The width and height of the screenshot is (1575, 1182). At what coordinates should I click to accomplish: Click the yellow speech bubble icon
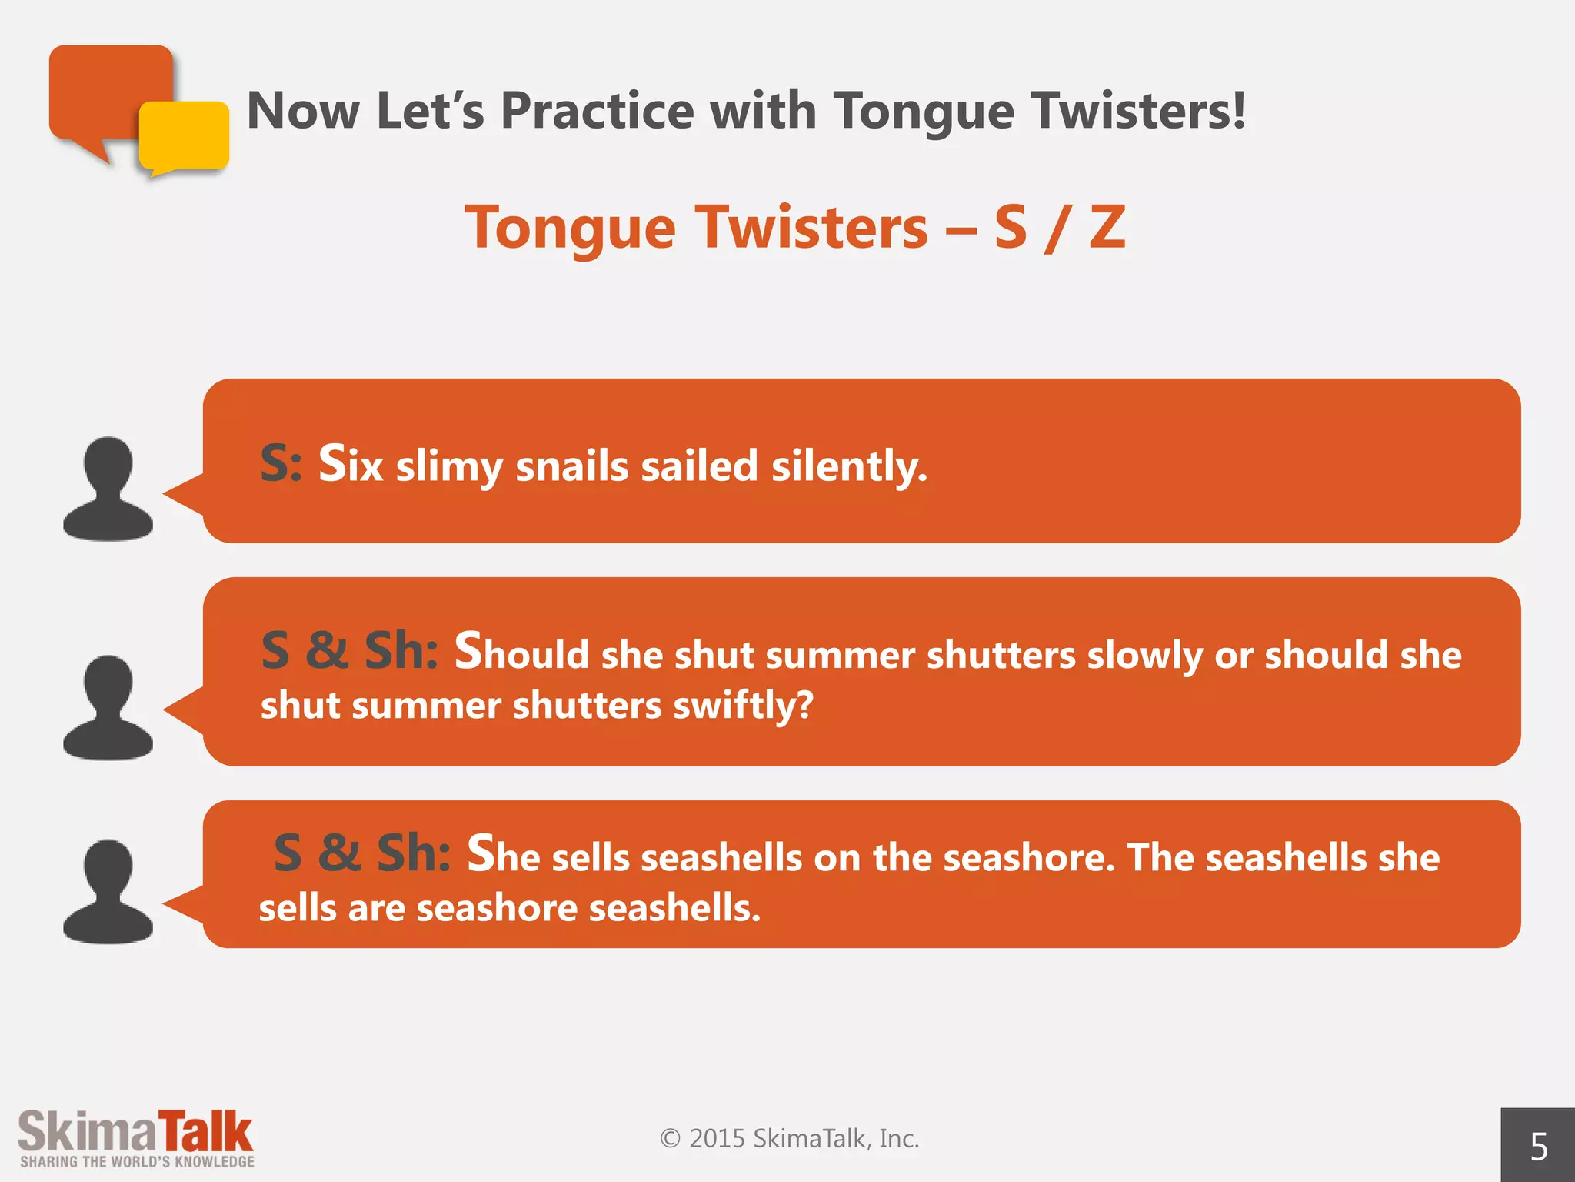[x=185, y=136]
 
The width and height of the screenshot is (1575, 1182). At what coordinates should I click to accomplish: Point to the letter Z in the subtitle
[x=1107, y=228]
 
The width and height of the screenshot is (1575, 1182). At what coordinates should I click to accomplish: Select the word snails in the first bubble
[x=572, y=466]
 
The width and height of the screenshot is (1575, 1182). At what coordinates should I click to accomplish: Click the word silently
[x=849, y=466]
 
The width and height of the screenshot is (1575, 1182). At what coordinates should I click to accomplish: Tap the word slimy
[x=449, y=468]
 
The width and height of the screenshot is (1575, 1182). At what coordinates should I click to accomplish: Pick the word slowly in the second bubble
[x=1144, y=656]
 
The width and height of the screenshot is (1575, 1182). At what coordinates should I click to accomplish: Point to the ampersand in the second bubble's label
[x=327, y=651]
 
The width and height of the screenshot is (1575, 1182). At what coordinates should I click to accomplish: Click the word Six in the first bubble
[x=351, y=465]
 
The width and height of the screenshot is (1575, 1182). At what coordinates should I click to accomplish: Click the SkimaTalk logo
[x=135, y=1132]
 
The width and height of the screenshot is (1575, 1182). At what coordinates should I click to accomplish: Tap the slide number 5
[x=1538, y=1147]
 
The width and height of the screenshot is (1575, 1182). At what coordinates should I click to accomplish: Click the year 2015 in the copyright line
[x=717, y=1138]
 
